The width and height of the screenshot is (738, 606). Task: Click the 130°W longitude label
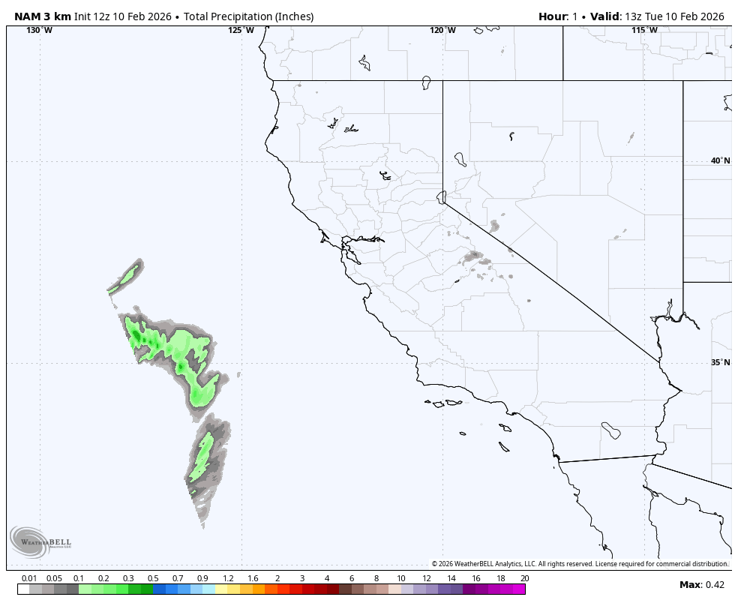point(40,30)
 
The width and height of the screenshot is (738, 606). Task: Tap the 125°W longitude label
point(241,30)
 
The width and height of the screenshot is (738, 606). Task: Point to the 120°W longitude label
point(442,30)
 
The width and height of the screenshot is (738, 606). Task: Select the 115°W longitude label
point(644,30)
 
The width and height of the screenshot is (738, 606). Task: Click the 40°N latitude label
point(720,160)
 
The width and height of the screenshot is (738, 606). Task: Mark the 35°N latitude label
point(720,362)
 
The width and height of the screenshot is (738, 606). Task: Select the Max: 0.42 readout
point(702,585)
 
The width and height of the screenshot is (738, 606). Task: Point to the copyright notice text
point(580,564)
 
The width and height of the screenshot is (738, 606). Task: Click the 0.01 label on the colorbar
point(29,578)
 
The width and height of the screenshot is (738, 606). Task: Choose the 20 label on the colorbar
point(524,578)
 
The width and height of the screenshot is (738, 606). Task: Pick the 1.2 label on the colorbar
point(228,578)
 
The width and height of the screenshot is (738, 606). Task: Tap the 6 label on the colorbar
point(351,578)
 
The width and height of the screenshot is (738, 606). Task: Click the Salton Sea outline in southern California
point(610,430)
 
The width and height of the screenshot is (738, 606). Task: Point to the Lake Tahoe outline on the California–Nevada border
point(442,197)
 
